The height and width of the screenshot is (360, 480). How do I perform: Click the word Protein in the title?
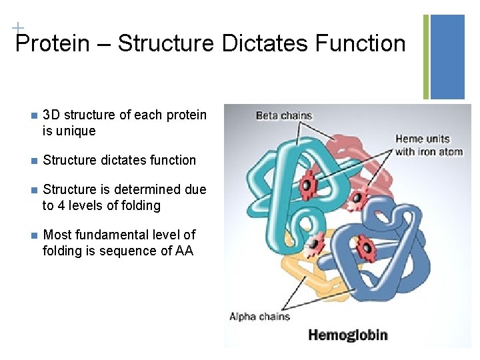pyautogui.click(x=52, y=44)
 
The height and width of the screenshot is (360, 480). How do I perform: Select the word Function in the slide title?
pyautogui.click(x=361, y=44)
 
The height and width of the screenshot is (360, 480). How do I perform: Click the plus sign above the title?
pyautogui.click(x=17, y=28)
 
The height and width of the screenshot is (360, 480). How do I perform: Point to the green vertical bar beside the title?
pyautogui.click(x=427, y=57)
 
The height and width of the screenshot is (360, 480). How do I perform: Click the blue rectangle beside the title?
pyautogui.click(x=447, y=57)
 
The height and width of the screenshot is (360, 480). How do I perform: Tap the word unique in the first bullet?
pyautogui.click(x=77, y=131)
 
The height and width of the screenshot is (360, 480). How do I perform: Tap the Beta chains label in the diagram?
pyautogui.click(x=284, y=115)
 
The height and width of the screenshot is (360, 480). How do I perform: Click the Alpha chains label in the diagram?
pyautogui.click(x=259, y=316)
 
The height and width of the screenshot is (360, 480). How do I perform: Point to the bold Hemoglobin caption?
pyautogui.click(x=347, y=335)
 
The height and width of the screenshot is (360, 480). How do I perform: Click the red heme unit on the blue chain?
pyautogui.click(x=365, y=249)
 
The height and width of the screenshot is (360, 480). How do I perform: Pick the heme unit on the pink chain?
pyautogui.click(x=357, y=197)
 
